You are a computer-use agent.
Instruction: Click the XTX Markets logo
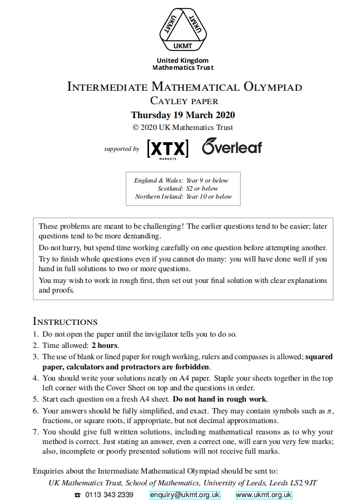coord(167,148)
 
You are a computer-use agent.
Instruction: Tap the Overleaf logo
coord(232,147)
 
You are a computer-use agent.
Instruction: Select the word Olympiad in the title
coord(273,87)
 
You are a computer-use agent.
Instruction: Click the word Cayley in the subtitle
coord(167,101)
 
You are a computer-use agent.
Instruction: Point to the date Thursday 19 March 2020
coord(182,115)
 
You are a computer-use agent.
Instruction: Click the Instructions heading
coord(65,322)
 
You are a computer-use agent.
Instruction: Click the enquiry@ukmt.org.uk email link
coord(185,494)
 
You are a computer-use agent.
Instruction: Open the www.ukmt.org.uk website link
coord(264,494)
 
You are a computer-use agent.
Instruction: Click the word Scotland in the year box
coord(171,188)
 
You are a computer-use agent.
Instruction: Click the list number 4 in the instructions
coord(35,378)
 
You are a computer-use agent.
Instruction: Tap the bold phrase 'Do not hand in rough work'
coord(219,399)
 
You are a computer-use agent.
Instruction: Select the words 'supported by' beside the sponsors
coord(121,149)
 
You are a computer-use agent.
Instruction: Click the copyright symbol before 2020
coord(136,128)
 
